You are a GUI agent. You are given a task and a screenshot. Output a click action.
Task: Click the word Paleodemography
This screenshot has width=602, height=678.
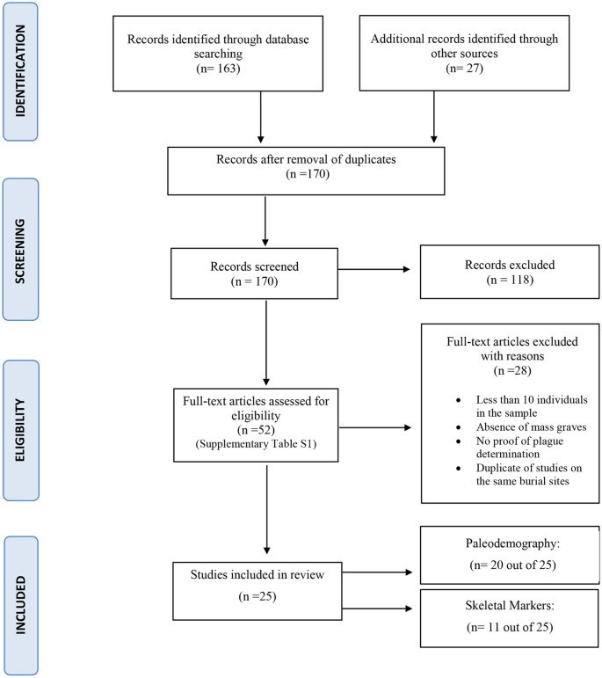510,543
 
